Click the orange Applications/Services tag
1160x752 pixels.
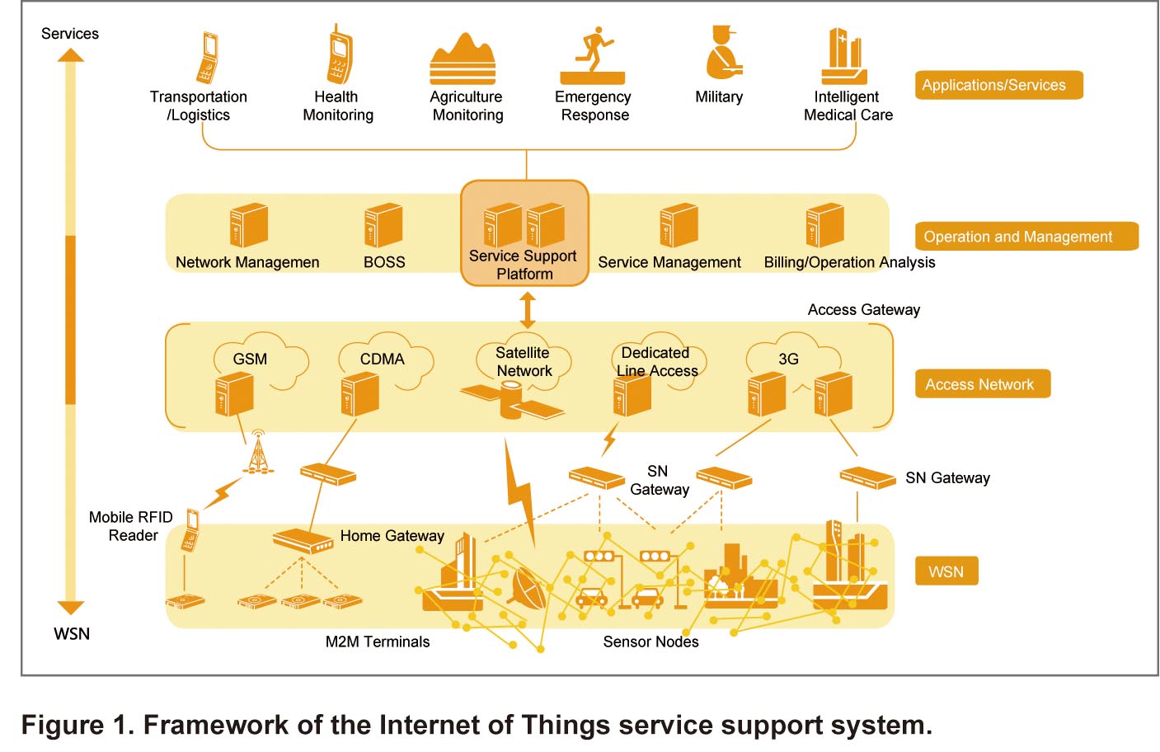(998, 85)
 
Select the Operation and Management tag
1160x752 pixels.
(1026, 237)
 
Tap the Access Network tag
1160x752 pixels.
(983, 383)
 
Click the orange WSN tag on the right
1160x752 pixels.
(946, 571)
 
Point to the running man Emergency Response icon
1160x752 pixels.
(593, 55)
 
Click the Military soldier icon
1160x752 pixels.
(724, 52)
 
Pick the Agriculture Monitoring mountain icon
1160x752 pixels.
(463, 59)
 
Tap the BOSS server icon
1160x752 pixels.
(383, 225)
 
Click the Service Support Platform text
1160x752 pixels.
(523, 265)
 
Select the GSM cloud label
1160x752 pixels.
(250, 359)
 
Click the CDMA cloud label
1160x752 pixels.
(383, 359)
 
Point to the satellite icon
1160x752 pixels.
(512, 401)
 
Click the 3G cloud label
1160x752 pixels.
(788, 359)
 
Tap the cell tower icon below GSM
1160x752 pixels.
(258, 452)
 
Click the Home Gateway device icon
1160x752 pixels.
(303, 541)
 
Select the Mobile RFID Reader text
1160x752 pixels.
(131, 526)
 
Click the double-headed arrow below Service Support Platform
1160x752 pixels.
(527, 310)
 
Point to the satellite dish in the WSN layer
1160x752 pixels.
(528, 588)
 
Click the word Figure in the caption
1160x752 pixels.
(62, 725)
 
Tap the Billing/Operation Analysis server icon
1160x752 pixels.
(825, 225)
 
